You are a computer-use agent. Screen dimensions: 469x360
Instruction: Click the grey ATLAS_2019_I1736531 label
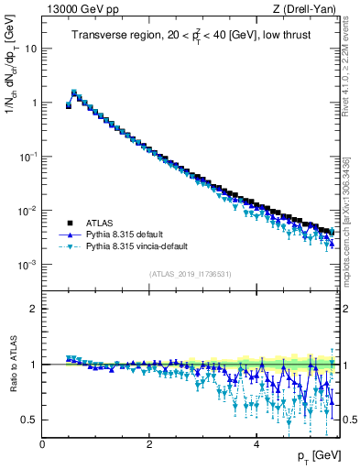190,274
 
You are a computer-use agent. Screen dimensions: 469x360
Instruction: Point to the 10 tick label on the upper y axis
30,49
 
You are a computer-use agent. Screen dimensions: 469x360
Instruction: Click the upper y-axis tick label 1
33,103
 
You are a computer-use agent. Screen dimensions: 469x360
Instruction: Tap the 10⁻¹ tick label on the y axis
28,157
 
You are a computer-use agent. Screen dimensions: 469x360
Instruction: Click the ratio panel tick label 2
33,309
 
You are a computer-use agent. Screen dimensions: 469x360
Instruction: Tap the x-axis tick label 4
256,444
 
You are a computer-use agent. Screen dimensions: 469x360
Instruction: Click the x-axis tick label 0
42,444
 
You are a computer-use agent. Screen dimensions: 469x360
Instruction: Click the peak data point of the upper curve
74,93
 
